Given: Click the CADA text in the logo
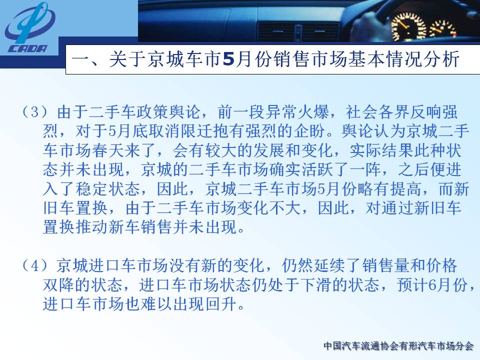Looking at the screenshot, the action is tap(28, 48).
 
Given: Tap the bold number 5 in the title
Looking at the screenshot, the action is tap(228, 59).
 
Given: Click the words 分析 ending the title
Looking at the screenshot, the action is tap(441, 59).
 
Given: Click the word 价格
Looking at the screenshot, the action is tap(441, 265).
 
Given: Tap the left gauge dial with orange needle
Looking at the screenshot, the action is tap(408, 26).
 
